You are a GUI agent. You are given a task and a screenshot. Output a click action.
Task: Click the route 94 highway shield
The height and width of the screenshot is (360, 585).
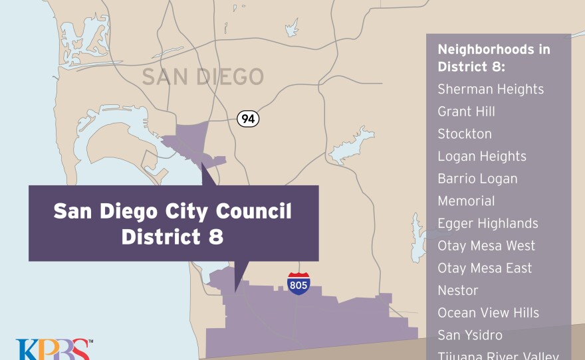[248, 119]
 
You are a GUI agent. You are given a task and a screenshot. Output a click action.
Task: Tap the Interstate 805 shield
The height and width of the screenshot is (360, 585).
[298, 284]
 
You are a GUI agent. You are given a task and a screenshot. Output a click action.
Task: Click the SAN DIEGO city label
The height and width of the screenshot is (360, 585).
[203, 77]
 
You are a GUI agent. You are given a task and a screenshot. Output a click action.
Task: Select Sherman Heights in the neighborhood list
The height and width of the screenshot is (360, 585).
[491, 89]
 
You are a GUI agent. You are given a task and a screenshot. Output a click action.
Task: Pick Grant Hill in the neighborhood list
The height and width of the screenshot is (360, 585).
[466, 112]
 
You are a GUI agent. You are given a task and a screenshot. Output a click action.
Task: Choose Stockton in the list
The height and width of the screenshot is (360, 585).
[465, 134]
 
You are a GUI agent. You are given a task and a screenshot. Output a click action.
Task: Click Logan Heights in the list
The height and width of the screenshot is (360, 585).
[482, 156]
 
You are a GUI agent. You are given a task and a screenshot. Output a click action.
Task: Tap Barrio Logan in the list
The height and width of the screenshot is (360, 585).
[477, 179]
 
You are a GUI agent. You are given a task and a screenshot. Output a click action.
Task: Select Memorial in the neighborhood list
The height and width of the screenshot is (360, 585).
[466, 201]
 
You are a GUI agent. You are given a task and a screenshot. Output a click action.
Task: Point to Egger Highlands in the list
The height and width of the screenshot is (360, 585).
[488, 223]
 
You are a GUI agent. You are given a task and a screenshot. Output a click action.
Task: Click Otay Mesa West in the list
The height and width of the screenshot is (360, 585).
[486, 246]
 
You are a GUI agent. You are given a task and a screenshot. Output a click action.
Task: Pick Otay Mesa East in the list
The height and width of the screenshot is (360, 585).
[485, 268]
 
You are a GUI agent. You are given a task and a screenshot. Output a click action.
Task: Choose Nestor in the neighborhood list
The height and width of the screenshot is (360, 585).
[458, 290]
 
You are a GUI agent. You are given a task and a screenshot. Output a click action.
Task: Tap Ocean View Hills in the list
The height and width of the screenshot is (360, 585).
[488, 313]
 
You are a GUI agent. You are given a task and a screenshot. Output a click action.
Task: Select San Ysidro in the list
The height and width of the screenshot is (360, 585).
[470, 335]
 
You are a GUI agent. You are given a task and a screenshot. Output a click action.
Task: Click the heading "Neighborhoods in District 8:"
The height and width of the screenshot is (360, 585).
[493, 58]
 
